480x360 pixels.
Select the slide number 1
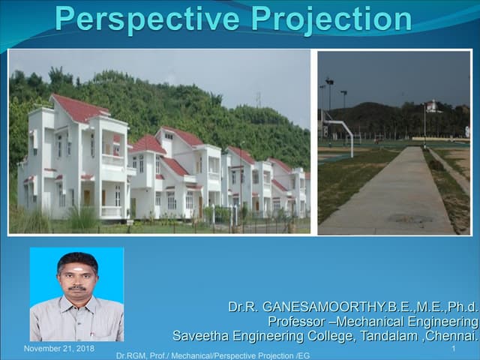pos(454,349)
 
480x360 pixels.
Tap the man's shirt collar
pos(77,301)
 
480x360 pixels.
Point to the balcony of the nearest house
pos(112,160)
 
